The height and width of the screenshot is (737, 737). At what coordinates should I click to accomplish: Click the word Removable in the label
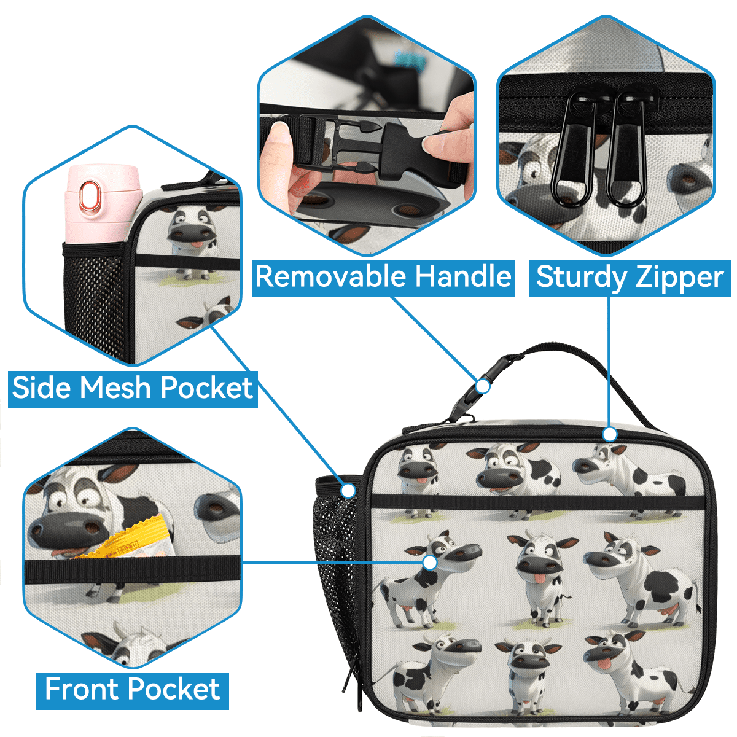331,277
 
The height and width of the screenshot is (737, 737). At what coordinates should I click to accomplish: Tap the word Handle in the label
464,277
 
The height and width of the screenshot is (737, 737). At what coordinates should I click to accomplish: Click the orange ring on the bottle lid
91,195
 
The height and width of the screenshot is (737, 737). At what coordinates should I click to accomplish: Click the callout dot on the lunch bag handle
483,386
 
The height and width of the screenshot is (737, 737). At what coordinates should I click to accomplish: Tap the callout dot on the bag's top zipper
610,434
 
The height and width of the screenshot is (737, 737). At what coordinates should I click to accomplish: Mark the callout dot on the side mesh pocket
348,491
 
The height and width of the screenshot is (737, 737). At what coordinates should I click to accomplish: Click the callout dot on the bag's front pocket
431,563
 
